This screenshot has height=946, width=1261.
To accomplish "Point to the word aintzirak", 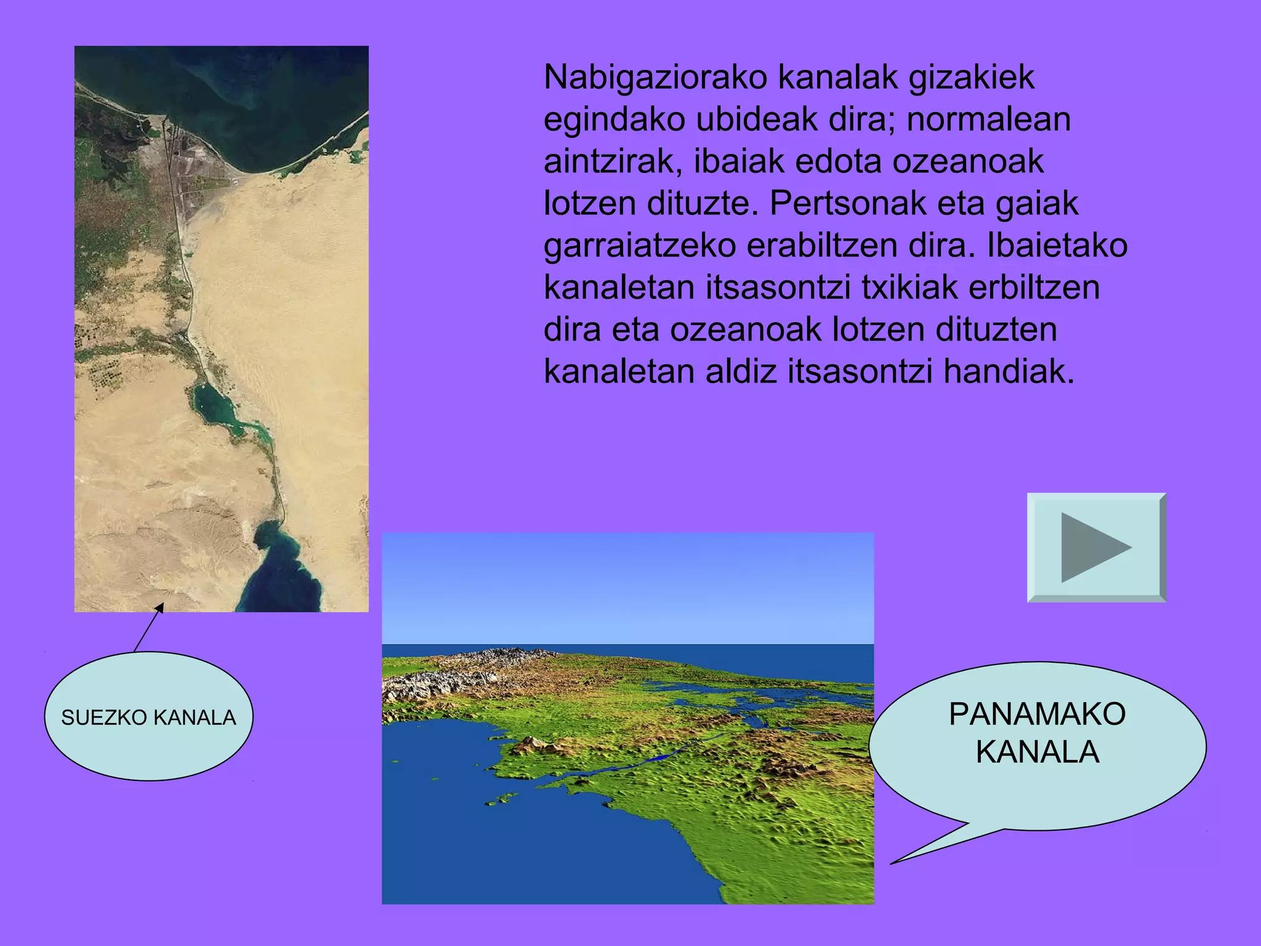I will coord(613,162).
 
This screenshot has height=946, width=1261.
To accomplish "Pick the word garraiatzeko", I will coord(640,246).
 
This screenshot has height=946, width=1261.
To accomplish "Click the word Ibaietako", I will coord(1057,246).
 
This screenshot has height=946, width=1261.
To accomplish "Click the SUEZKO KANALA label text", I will coord(148,718).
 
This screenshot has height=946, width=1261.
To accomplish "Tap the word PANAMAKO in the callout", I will coord(1037,714).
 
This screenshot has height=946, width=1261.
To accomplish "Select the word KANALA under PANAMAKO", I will coord(1037,753).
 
